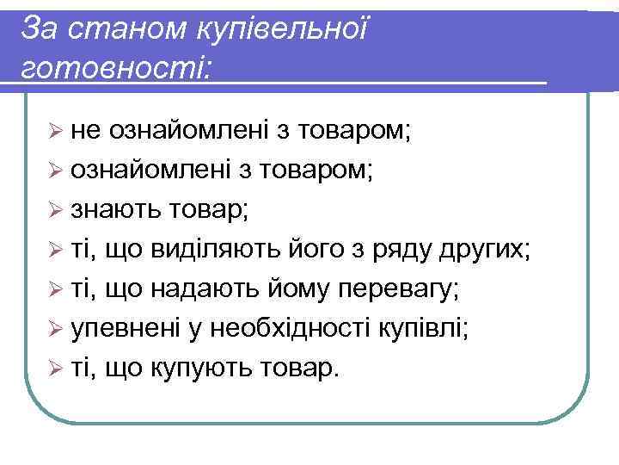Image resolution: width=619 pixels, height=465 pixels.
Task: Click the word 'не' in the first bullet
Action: click(85, 131)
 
